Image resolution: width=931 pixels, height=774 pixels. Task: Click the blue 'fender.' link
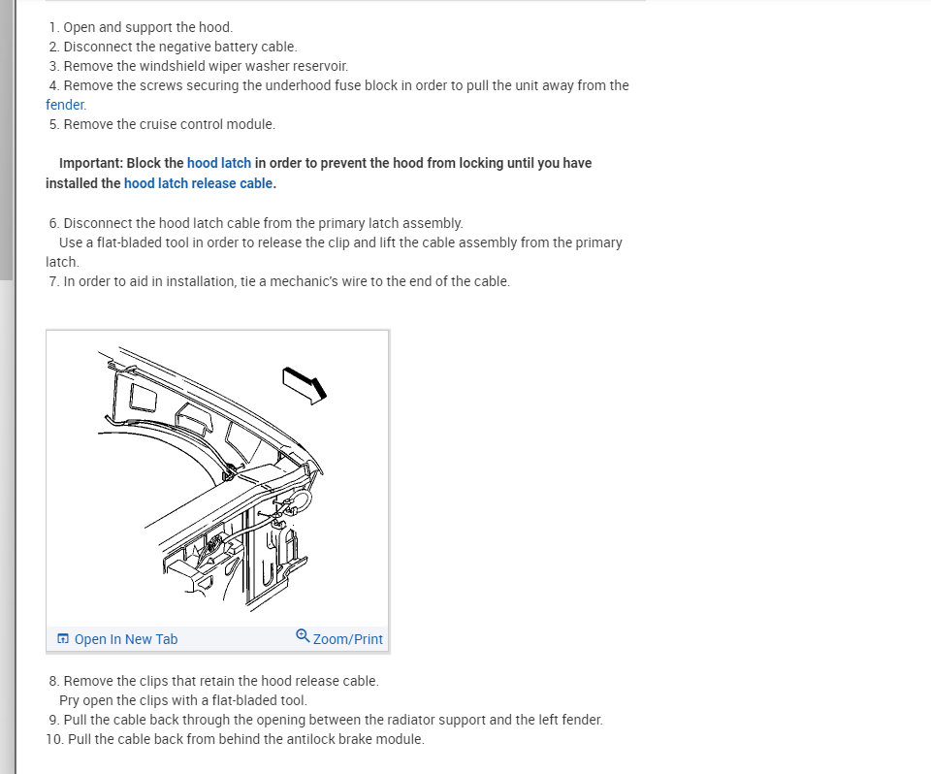66,105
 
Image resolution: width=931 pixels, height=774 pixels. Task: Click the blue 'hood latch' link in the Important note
219,163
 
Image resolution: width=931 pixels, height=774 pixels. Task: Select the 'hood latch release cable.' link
200,183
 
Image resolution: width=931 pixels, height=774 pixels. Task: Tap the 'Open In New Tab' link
125,639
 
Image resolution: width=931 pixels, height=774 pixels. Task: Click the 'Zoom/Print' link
347,639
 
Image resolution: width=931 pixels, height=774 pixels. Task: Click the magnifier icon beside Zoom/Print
303,636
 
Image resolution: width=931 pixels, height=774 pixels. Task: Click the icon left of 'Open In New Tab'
63,638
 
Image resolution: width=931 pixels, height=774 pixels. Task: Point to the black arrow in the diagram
305,383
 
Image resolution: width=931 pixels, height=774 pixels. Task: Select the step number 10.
53,739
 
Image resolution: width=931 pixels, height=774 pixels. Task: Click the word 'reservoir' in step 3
318,66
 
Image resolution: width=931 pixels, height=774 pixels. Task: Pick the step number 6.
53,223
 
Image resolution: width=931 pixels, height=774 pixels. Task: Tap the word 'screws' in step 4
161,85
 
